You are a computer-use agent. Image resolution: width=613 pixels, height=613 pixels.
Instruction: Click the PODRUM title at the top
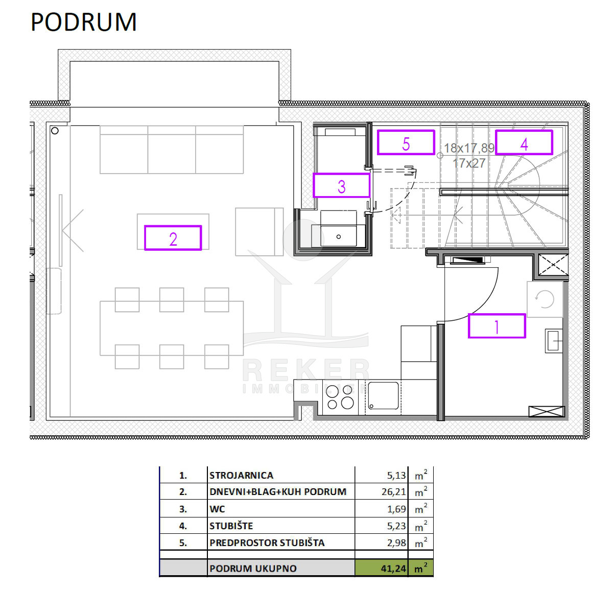coord(83,22)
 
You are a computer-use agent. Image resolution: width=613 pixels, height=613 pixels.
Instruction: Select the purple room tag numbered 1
coord(496,326)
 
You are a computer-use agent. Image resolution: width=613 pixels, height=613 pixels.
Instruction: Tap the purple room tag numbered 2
coord(173,238)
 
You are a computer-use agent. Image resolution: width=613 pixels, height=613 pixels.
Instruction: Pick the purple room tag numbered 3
coord(341,185)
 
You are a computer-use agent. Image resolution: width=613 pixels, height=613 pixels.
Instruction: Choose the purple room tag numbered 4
coord(524,143)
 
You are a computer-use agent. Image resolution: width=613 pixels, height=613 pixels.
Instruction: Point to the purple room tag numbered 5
coord(406,143)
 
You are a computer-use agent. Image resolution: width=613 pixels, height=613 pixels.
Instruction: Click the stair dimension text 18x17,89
coord(469,148)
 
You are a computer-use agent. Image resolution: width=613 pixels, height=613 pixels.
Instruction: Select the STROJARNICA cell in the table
coord(241,475)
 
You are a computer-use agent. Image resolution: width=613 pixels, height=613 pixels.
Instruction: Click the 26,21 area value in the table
coord(393,492)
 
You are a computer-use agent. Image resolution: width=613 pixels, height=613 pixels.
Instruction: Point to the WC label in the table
coord(217,509)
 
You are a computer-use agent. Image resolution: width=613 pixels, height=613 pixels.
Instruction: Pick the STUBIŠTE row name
coord(231,526)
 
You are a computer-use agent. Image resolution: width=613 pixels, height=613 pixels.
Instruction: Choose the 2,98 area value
coord(396,543)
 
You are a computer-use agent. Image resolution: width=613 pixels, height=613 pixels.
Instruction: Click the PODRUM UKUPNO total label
coord(253,569)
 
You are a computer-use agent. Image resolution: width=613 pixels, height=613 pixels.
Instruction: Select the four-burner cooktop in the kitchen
coord(340,397)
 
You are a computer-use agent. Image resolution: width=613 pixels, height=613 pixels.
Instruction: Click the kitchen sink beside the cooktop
coord(383,395)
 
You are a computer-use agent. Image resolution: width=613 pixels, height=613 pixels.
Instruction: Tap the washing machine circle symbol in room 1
coord(544,299)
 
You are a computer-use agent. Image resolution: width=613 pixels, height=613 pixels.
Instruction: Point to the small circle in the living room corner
coord(55,130)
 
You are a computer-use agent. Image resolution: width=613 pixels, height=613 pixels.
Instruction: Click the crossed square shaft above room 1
coord(553,264)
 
